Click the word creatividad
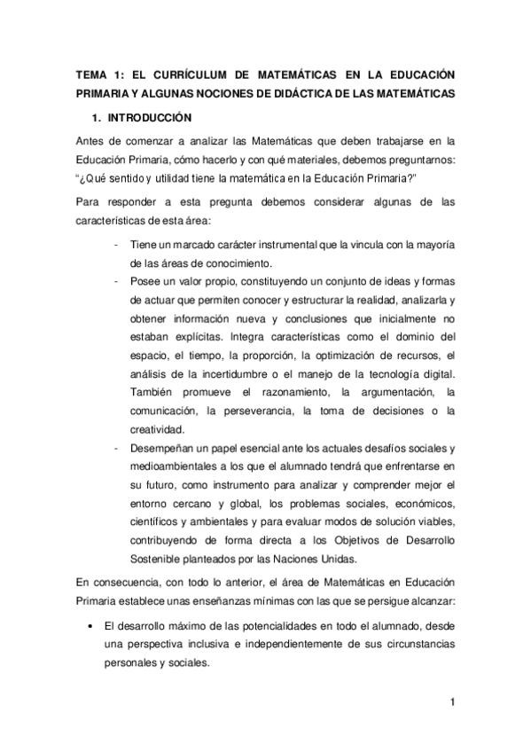tap(155, 430)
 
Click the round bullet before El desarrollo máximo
tap(91, 625)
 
